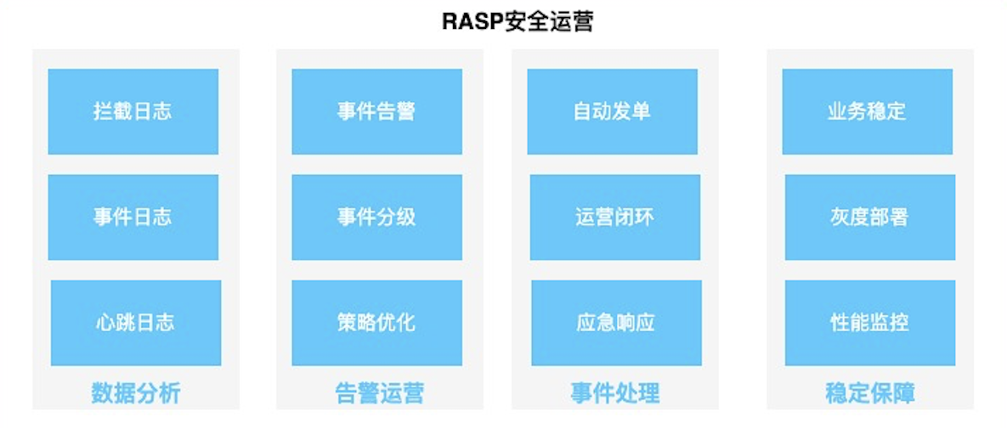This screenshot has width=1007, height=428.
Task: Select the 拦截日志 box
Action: tap(133, 111)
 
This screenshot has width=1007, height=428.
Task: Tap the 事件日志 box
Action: tap(133, 217)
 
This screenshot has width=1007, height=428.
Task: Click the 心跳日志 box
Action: tap(135, 323)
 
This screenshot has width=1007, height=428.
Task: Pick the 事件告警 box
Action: tap(376, 111)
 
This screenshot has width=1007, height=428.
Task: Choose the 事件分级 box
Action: tap(376, 217)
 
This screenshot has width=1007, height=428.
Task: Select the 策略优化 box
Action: tap(376, 323)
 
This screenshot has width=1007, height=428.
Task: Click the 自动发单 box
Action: tap(612, 111)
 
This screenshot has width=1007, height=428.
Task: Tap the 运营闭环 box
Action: tap(614, 217)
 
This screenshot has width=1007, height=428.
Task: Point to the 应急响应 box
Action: tap(616, 323)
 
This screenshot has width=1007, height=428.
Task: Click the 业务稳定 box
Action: tap(867, 111)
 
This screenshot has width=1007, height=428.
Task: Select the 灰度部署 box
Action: tap(869, 217)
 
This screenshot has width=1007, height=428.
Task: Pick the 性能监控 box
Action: tap(869, 323)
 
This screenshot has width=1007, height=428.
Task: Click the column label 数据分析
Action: tap(135, 393)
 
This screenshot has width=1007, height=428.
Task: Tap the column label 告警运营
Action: tap(379, 393)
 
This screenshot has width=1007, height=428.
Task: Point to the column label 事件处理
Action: tap(614, 393)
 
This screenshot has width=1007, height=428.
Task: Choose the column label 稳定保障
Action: tap(869, 393)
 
